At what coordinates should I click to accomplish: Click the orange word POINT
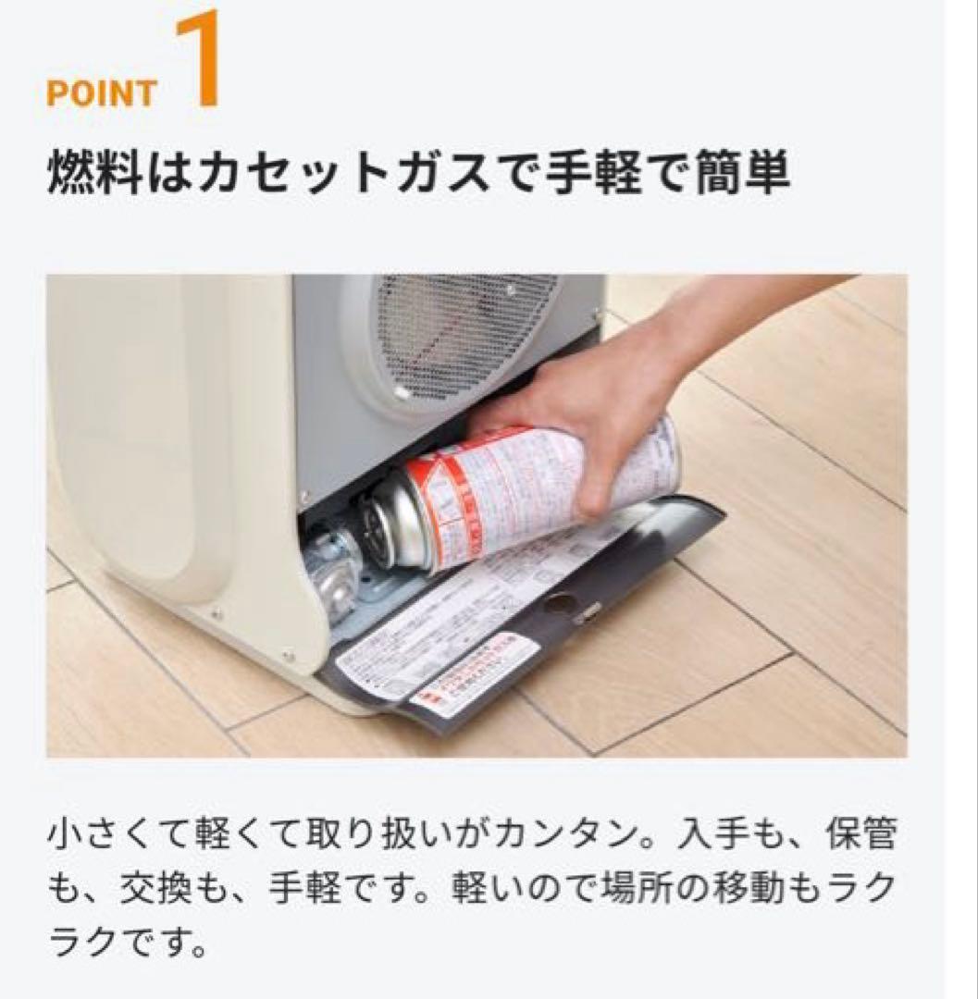(x=101, y=95)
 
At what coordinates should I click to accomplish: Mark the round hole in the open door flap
(x=560, y=603)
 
